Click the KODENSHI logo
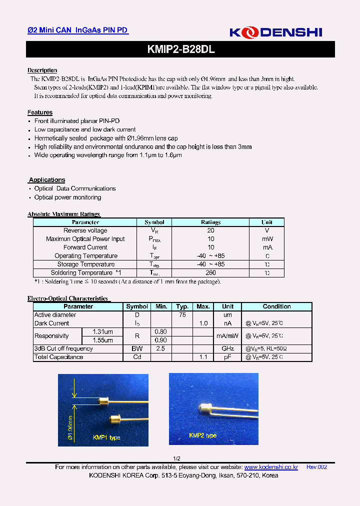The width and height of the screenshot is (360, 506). click(x=275, y=32)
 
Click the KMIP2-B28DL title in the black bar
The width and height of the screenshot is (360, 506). click(x=181, y=49)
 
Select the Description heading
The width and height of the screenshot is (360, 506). click(x=42, y=70)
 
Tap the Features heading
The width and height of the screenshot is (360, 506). click(x=40, y=112)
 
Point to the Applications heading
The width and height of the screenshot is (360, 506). click(x=47, y=180)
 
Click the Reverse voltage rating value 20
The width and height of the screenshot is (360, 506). click(x=210, y=230)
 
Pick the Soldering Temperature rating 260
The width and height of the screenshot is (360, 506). click(x=210, y=273)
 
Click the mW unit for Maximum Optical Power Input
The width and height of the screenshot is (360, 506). click(x=267, y=239)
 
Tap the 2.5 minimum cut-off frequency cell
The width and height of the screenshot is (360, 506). click(x=161, y=348)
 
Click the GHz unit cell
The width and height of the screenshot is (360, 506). click(x=227, y=348)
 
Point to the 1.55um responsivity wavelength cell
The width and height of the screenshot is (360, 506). click(x=102, y=340)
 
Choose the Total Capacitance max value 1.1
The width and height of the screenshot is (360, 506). click(x=203, y=357)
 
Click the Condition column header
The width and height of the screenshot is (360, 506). click(x=276, y=306)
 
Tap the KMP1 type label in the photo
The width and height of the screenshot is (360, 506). click(x=106, y=437)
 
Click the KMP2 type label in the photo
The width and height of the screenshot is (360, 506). click(x=202, y=435)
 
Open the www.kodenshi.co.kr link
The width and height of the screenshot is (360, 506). click(x=271, y=467)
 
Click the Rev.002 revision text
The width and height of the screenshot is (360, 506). click(x=316, y=467)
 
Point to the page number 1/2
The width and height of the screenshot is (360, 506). click(x=176, y=458)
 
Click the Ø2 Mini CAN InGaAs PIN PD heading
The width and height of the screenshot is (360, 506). click(x=77, y=30)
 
